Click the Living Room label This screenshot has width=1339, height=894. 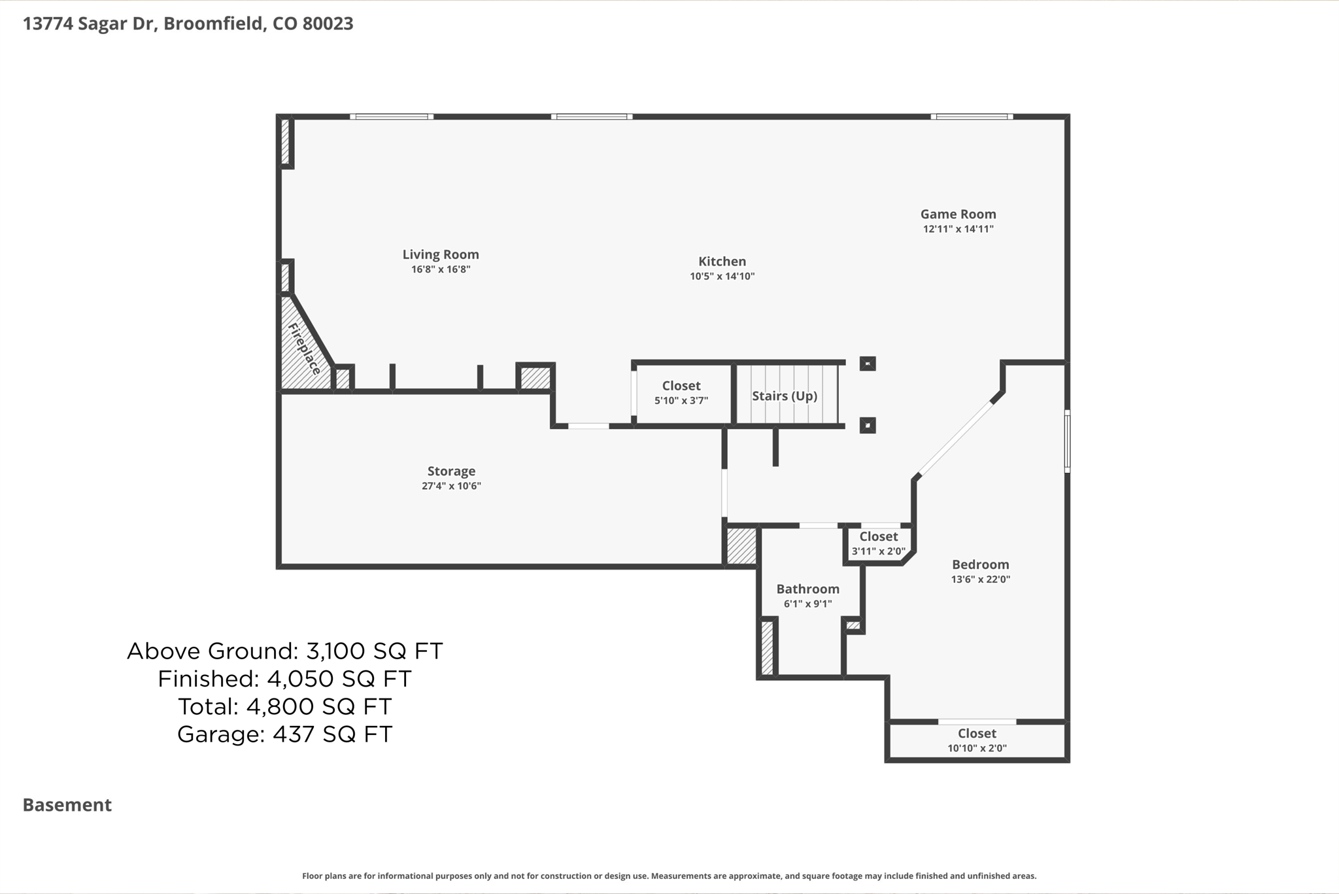click(440, 254)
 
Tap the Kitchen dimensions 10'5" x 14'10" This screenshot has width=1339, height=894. click(722, 276)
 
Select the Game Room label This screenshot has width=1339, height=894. click(958, 214)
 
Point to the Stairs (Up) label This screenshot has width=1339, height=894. click(784, 396)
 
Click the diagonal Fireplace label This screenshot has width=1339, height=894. click(304, 349)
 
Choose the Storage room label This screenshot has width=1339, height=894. click(451, 471)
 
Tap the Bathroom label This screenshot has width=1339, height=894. click(807, 589)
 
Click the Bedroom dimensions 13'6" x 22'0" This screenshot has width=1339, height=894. click(980, 579)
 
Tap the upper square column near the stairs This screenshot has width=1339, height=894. click(868, 364)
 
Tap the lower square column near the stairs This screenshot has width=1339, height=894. click(868, 426)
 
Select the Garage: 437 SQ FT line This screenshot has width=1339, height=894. click(284, 734)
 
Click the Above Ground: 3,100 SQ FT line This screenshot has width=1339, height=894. click(284, 651)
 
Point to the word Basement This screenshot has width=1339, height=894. click(67, 804)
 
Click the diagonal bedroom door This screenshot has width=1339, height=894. click(955, 438)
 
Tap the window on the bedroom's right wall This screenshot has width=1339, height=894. click(1067, 441)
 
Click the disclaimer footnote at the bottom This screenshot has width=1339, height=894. click(669, 876)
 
